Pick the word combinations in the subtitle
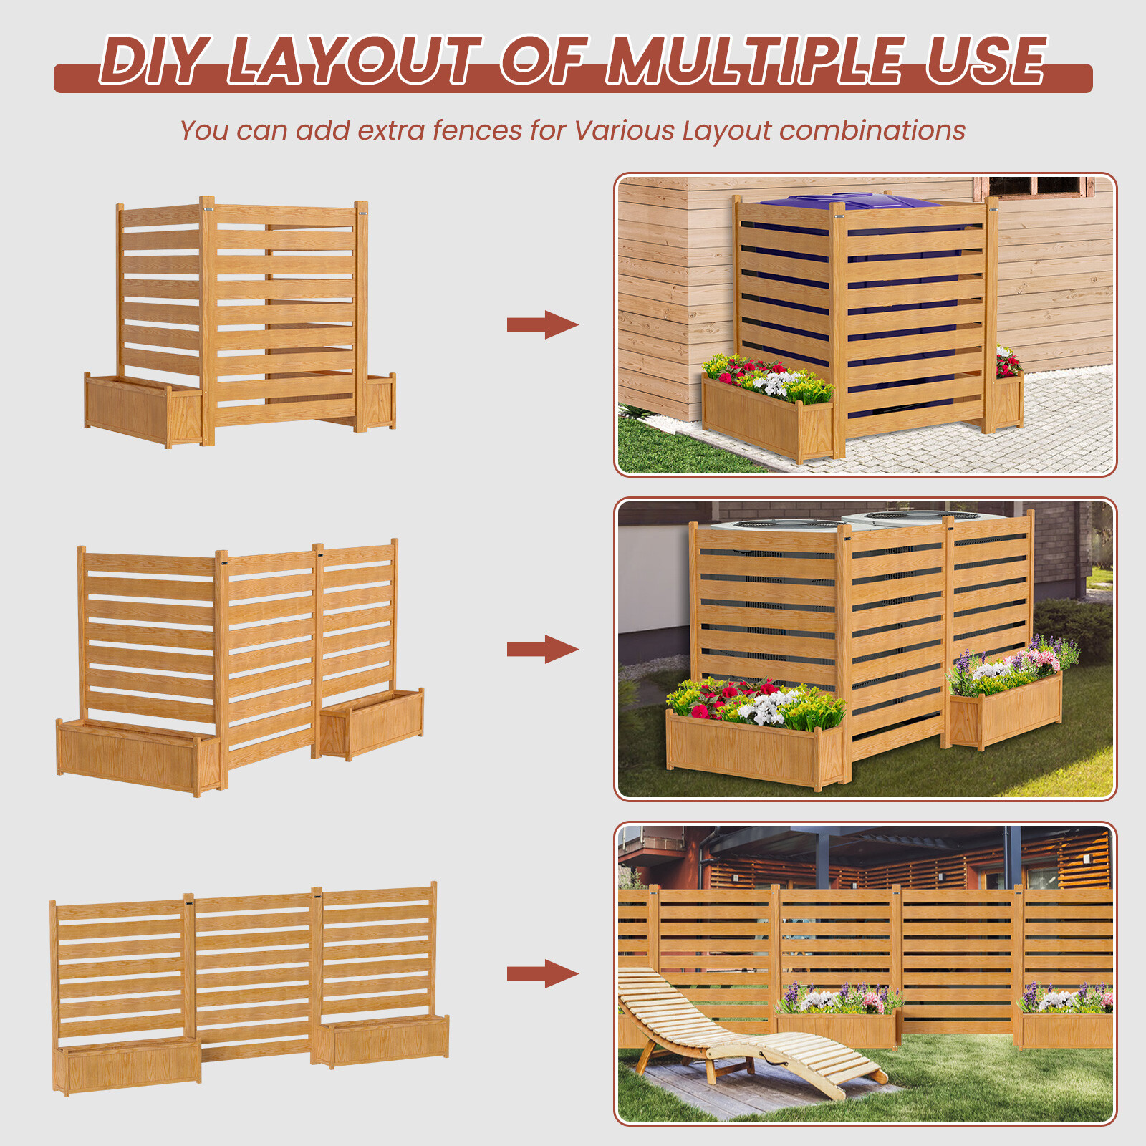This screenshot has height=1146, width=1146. [x=872, y=131]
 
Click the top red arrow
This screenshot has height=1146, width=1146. [x=542, y=324]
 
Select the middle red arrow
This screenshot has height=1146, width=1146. [x=542, y=649]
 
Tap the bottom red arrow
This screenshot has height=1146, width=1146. [x=542, y=973]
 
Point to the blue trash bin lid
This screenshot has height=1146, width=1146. [x=852, y=201]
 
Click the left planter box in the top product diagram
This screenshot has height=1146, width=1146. [x=143, y=410]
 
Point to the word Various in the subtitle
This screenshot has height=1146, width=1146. [x=625, y=130]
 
